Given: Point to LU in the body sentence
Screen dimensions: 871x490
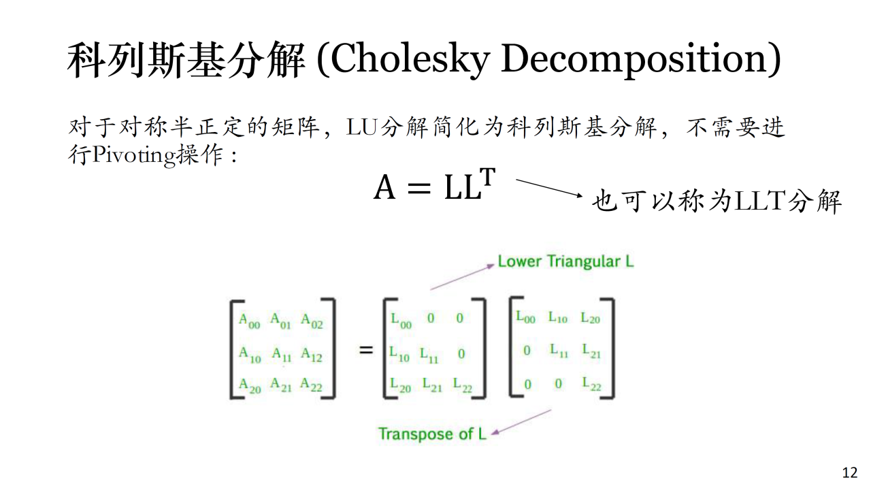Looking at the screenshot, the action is click(361, 127).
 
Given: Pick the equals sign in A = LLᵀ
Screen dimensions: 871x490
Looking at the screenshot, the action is click(418, 189).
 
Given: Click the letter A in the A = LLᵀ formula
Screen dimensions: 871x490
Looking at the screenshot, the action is click(384, 187).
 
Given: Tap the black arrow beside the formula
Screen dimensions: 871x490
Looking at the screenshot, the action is click(549, 189).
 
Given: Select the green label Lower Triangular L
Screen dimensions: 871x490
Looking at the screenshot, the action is click(565, 261).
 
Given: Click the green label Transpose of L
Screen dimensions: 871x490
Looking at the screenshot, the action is click(432, 434).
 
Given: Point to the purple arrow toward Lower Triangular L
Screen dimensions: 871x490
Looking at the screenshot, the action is click(462, 277).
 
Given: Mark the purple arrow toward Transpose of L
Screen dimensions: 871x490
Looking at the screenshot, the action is click(521, 422).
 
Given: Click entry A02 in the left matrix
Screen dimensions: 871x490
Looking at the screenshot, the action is click(312, 321).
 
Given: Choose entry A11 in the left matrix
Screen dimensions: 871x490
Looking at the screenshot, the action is click(282, 355).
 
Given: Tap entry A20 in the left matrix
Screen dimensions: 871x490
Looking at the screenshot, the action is click(250, 386).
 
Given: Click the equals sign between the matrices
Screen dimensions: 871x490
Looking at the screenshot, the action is click(366, 350).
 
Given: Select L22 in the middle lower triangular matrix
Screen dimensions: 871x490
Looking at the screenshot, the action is click(463, 385).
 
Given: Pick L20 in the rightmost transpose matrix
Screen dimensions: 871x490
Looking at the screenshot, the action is click(590, 318).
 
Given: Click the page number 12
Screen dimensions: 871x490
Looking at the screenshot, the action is click(850, 473).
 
